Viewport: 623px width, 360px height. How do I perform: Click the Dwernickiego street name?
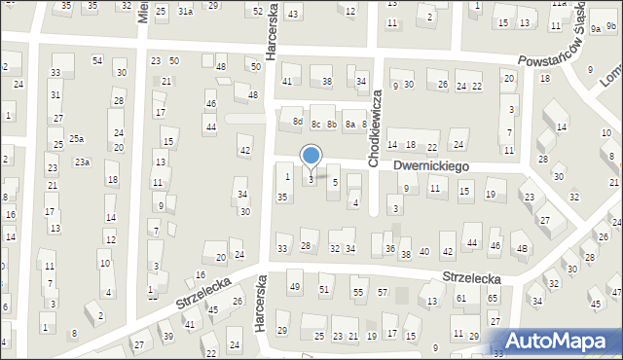click(431, 166)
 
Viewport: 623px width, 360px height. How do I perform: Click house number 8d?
click(297, 122)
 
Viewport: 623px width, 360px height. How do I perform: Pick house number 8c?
click(315, 124)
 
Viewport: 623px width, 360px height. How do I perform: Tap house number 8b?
click(332, 124)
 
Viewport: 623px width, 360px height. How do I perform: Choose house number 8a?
click(349, 124)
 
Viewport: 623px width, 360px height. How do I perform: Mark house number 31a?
click(185, 12)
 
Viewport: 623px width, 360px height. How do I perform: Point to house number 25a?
click(75, 138)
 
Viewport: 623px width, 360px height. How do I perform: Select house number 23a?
click(82, 162)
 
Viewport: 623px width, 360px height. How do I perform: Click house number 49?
click(295, 286)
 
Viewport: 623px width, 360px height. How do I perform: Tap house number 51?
click(325, 290)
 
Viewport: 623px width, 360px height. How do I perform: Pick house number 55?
click(358, 292)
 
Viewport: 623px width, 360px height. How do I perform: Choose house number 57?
click(383, 292)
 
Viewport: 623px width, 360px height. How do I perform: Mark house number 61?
click(461, 298)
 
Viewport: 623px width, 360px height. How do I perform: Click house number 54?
click(97, 60)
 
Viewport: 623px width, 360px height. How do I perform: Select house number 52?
click(258, 11)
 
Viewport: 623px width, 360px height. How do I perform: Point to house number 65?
click(494, 297)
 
